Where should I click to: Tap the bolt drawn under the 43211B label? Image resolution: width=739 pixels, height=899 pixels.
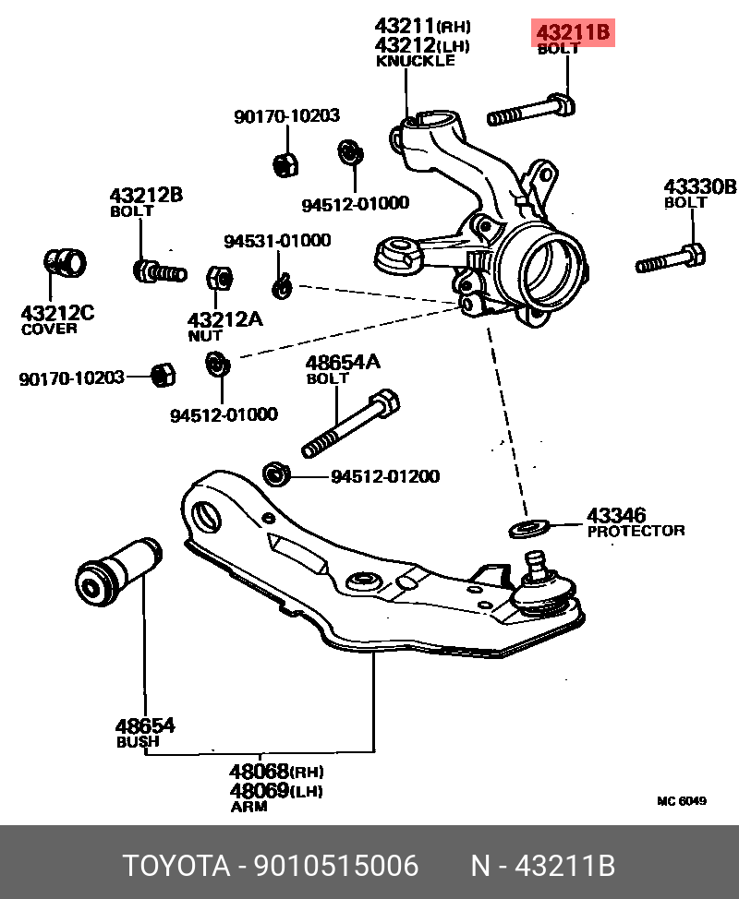coord(532,112)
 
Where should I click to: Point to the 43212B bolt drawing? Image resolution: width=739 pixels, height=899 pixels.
coord(158,271)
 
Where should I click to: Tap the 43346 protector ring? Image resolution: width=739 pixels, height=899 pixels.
coord(528,528)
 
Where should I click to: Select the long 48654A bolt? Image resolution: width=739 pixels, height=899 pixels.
coord(351,427)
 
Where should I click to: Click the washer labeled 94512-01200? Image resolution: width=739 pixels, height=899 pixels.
coord(277,475)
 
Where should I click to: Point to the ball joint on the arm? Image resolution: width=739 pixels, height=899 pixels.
coord(545,585)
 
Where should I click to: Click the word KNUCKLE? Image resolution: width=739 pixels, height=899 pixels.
coord(416,61)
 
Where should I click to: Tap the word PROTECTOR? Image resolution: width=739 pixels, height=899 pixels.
coord(636,531)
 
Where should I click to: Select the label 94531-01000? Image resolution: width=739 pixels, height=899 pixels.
coord(277,241)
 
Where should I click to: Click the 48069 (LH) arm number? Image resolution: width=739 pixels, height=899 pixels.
coord(260,791)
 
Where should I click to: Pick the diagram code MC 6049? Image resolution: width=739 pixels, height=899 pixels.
coord(682,801)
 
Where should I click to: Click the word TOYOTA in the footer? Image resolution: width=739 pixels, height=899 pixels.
coord(176,866)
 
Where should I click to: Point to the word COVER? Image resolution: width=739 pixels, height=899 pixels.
coord(50,329)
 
